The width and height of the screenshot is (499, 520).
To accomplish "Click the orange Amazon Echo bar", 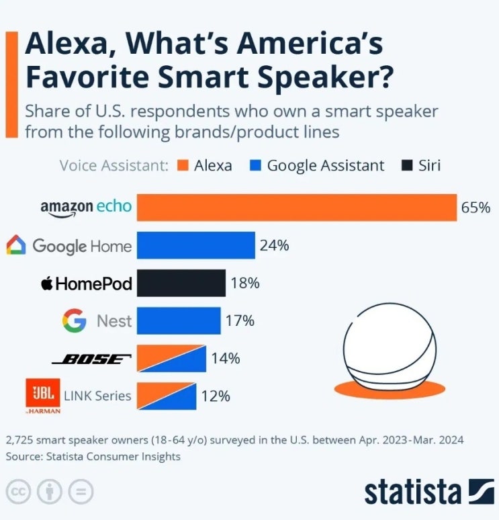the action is [297, 208].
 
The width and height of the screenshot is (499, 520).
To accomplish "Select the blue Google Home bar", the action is [196, 245].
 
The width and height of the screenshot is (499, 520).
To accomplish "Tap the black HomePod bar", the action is [181, 283].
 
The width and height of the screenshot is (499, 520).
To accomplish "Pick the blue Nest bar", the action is [179, 320].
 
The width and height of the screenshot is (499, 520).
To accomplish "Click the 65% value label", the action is [475, 208].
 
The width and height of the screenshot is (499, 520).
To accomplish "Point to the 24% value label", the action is [274, 245].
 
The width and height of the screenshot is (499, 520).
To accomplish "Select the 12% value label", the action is [216, 396].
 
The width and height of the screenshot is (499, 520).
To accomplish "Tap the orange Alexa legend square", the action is [183, 165].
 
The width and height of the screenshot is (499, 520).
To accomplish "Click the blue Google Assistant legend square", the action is [255, 165].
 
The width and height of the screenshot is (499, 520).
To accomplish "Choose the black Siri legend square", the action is [407, 165].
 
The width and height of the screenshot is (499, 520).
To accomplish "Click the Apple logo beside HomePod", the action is [47, 284].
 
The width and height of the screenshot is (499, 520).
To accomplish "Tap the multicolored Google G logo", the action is [74, 320].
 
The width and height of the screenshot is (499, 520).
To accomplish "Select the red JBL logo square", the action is [43, 392].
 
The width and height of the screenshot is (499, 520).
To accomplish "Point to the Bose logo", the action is [91, 359].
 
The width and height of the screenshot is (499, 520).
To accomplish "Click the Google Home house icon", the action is [16, 245].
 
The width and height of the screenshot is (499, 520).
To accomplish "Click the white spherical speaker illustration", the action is [390, 346].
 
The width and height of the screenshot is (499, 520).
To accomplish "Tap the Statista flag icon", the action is [481, 492].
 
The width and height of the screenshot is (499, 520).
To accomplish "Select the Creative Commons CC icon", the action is [18, 492].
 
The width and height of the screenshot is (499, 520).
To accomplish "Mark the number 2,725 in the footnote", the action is [19, 441].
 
